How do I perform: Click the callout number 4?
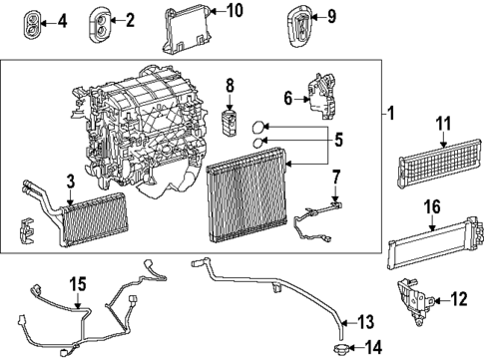[63, 20]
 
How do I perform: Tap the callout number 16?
[432, 235]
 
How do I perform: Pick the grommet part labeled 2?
[102, 20]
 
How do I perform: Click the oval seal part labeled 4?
[36, 20]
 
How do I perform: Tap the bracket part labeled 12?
[411, 299]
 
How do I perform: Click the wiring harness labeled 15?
[80, 314]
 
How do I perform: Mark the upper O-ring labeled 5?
[257, 127]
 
